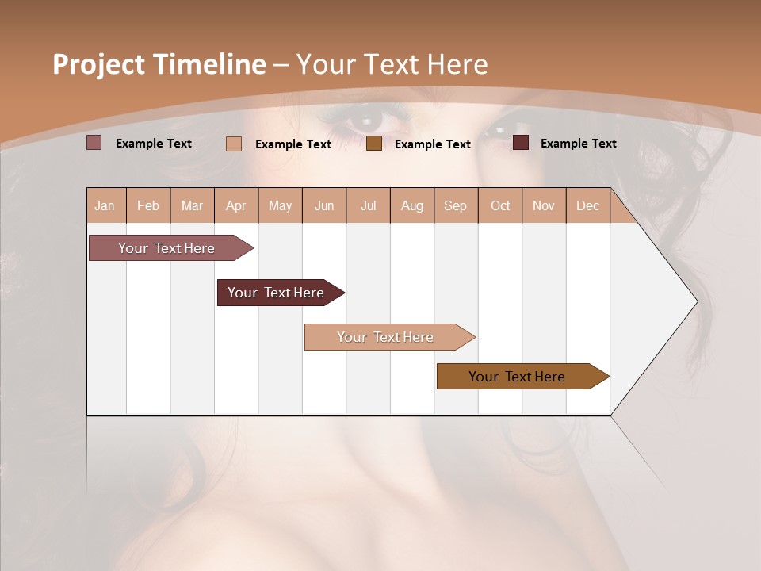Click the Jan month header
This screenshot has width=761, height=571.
pyautogui.click(x=105, y=205)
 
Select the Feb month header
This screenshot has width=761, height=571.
pyautogui.click(x=148, y=205)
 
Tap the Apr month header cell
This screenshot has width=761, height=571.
pyautogui.click(x=236, y=205)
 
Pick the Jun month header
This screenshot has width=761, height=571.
pyautogui.click(x=324, y=205)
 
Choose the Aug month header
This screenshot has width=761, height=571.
pyautogui.click(x=412, y=205)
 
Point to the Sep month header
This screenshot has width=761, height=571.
pyautogui.click(x=456, y=205)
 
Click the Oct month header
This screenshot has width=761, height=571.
pyautogui.click(x=500, y=205)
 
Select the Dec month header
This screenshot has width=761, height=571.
pyautogui.click(x=588, y=205)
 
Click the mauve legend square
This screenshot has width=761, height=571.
pyautogui.click(x=94, y=143)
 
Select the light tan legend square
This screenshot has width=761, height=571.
pyautogui.click(x=234, y=144)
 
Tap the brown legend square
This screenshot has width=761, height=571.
pyautogui.click(x=374, y=144)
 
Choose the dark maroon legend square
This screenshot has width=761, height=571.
pyautogui.click(x=521, y=143)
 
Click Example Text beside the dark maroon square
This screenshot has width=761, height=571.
pyautogui.click(x=578, y=143)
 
